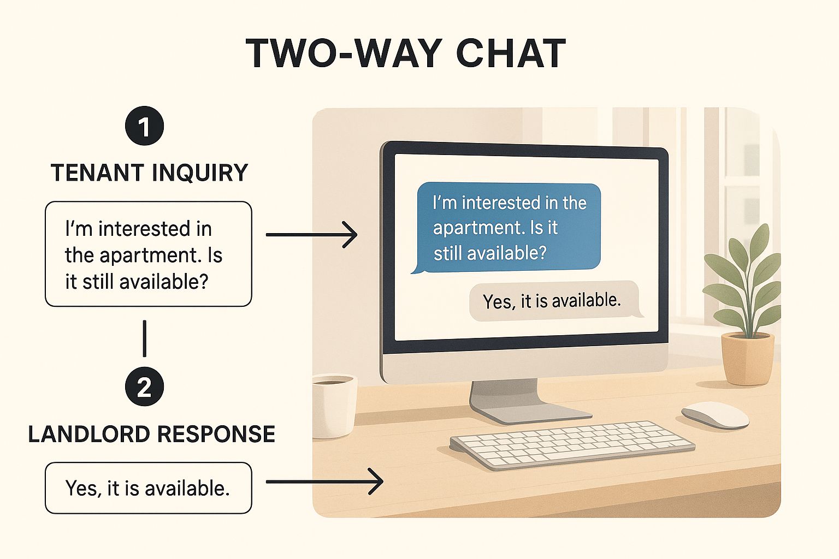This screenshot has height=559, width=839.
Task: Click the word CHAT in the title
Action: pos(510,53)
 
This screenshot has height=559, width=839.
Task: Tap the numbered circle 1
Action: pos(144,126)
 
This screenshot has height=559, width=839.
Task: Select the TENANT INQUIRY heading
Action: pos(149,173)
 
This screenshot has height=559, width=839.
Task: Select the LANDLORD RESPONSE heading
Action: pos(151,434)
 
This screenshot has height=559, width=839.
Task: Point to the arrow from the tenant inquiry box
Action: pos(311,235)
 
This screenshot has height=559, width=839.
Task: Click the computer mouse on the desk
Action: pos(714,415)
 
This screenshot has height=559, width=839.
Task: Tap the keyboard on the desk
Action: pos(571,444)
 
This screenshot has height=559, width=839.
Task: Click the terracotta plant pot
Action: pos(747,359)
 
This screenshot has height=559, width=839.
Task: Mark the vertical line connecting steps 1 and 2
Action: pos(144,338)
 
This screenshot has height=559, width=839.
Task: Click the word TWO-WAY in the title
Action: pos(344,53)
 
